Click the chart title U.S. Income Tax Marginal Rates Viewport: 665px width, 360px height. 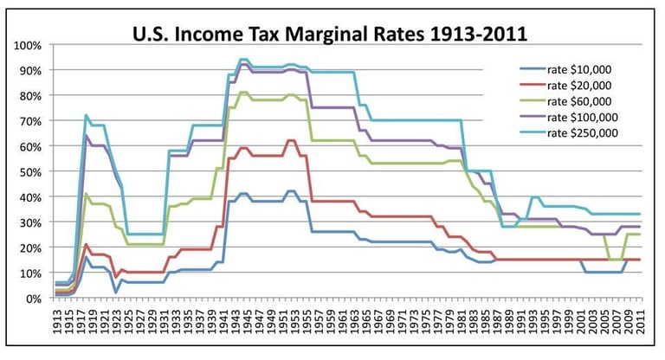(x=329, y=35)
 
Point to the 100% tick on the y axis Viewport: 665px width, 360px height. (x=28, y=45)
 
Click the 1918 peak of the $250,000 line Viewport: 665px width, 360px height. (x=86, y=115)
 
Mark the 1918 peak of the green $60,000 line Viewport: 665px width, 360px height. (x=86, y=194)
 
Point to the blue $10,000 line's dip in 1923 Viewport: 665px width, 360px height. (x=115, y=292)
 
